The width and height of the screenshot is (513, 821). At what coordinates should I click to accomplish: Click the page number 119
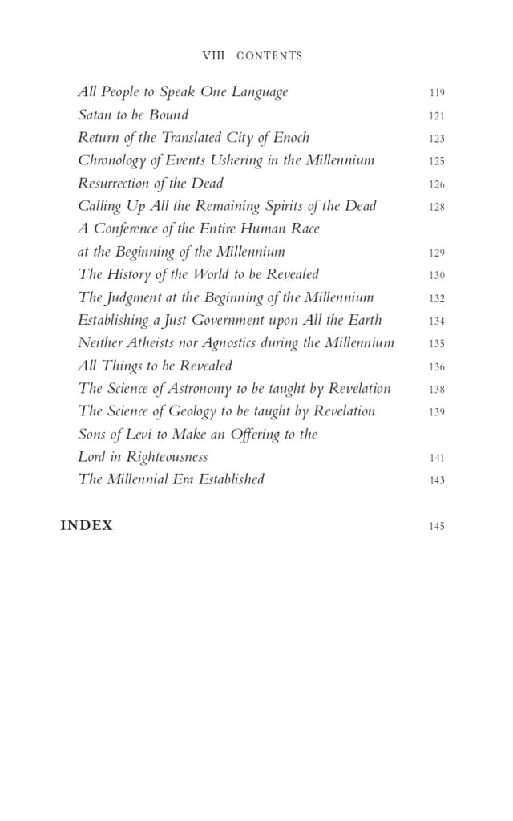click(436, 93)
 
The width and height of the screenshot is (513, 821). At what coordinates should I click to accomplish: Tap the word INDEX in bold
click(87, 526)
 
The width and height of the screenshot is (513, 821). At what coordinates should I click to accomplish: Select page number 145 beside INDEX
click(436, 527)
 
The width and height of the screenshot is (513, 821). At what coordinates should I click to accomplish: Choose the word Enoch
click(290, 137)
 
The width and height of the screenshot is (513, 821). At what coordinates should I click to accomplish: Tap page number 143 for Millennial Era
click(436, 481)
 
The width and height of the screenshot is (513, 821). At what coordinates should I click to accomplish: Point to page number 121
click(436, 116)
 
